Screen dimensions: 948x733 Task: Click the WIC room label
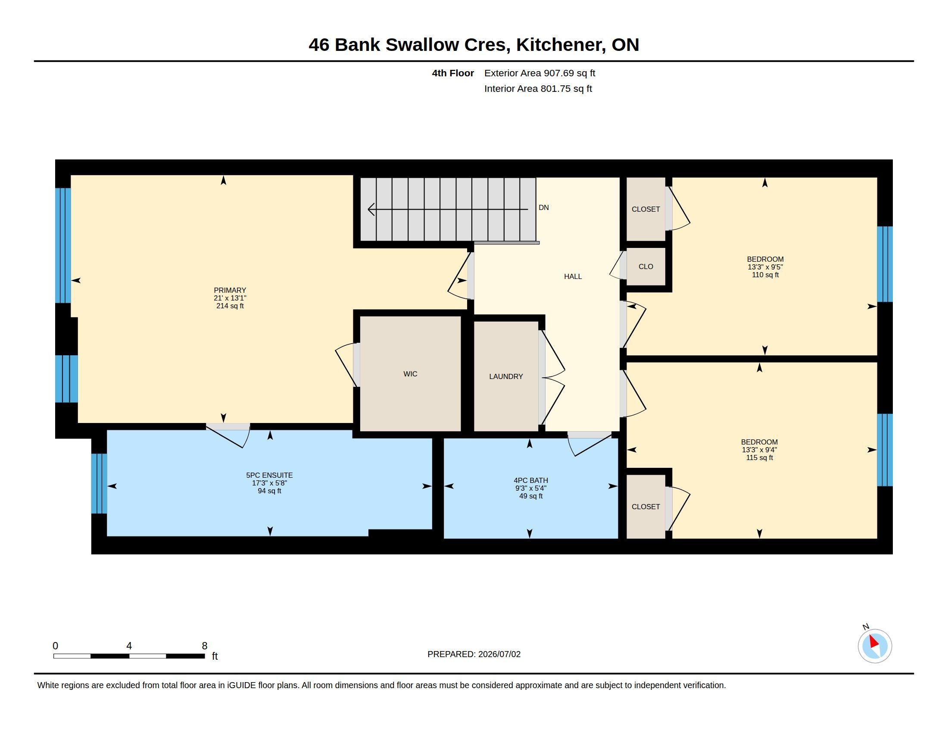coord(410,374)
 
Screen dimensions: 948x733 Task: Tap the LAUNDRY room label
coord(506,376)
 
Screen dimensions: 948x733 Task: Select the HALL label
coord(573,277)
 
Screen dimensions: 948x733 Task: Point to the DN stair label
coord(544,207)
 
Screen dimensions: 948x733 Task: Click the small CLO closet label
coord(646,266)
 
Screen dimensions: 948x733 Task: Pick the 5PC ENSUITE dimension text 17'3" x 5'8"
coord(270,483)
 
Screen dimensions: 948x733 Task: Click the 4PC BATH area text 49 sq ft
coord(531,496)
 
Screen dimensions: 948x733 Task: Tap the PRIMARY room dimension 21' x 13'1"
coord(230,298)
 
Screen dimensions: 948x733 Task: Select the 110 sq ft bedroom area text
coord(765,275)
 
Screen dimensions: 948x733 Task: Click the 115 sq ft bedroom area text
coord(760,457)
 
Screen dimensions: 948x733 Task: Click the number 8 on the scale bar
coord(204,646)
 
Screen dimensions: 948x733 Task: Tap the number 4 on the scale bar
coord(129,646)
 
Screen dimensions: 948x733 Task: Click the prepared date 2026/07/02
coord(499,655)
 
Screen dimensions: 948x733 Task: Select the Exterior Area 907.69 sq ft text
coord(539,73)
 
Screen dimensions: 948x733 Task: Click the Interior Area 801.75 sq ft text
coord(538,88)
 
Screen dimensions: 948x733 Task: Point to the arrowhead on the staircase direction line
coord(371,209)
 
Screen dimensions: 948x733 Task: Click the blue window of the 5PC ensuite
coord(99,483)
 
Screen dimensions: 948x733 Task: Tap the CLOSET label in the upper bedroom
coord(646,209)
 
